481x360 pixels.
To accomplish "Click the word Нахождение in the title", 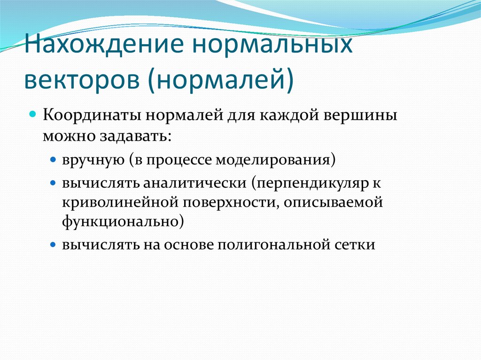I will tap(102, 48).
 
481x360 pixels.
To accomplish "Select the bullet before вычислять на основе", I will tap(53, 245).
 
